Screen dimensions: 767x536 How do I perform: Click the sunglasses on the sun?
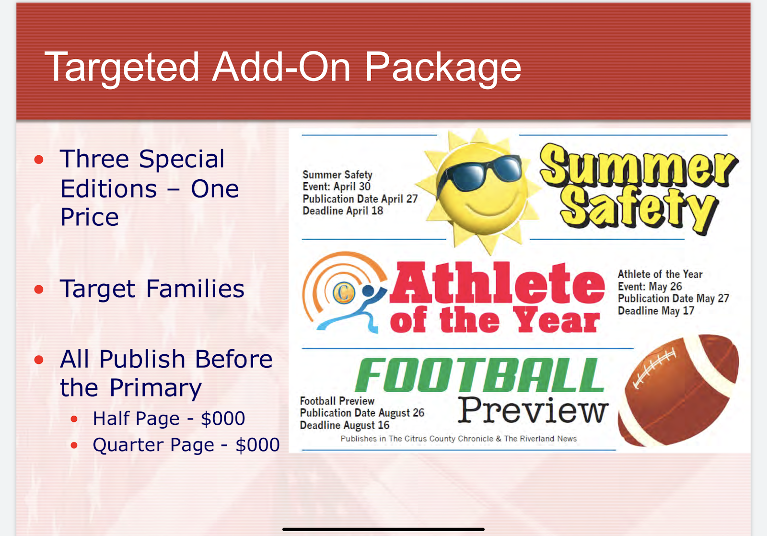click(479, 173)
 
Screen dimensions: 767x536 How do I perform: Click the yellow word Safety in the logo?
click(639, 210)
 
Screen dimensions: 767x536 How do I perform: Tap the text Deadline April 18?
click(343, 210)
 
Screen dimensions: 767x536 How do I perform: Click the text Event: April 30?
click(336, 186)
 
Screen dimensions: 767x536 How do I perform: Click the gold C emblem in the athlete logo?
click(344, 292)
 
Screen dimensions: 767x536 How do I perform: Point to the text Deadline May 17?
click(656, 311)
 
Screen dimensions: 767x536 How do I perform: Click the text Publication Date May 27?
click(673, 298)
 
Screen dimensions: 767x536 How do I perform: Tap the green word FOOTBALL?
click(479, 375)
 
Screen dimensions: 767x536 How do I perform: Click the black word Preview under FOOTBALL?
click(533, 410)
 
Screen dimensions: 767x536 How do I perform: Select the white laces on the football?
click(654, 368)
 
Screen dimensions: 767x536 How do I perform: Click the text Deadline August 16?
click(345, 425)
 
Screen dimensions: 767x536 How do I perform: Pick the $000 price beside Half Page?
click(223, 418)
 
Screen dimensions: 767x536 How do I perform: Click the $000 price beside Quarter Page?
click(257, 444)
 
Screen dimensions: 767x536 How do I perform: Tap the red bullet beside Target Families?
click(39, 290)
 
